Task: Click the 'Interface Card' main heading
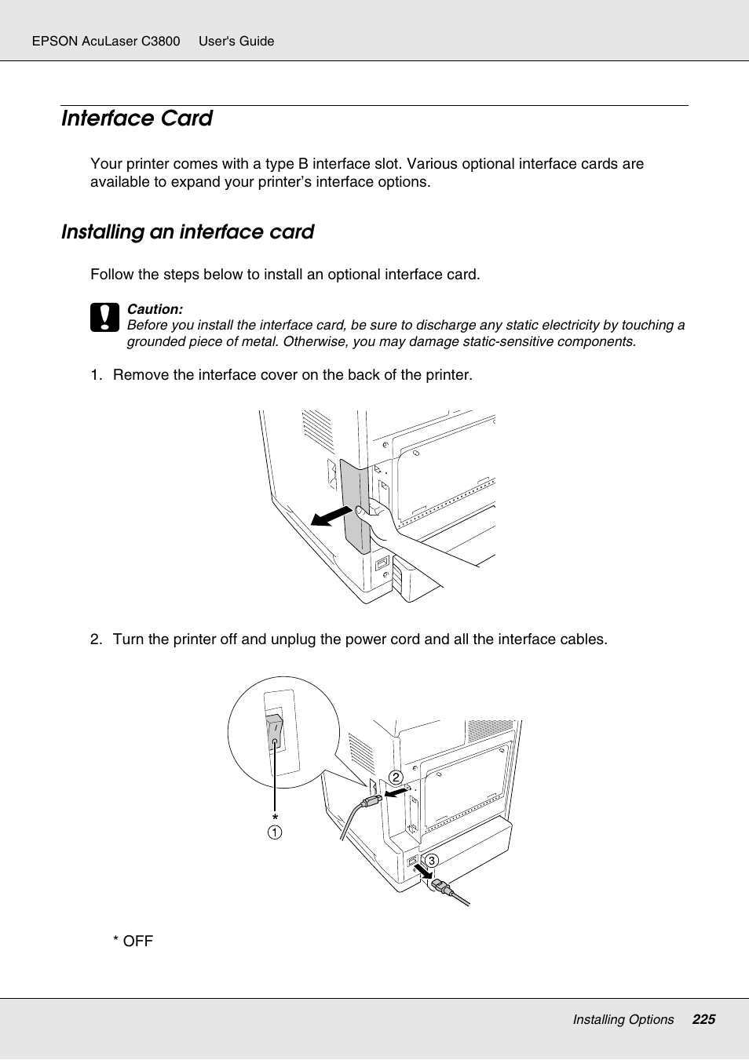tap(137, 118)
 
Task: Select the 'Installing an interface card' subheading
tap(188, 232)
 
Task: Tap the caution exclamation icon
tap(104, 318)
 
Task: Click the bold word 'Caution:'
tap(155, 309)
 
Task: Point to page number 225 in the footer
tap(703, 1019)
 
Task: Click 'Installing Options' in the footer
tap(623, 1019)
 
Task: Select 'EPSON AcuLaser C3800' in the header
tap(106, 41)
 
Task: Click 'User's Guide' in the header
tap(236, 41)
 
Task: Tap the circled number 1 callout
tap(275, 832)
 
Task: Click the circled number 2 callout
tap(396, 778)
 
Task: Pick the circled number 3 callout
tap(431, 861)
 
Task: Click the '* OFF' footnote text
tap(133, 941)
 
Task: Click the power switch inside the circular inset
tap(274, 732)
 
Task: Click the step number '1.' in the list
tap(96, 375)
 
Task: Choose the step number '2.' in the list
tap(96, 639)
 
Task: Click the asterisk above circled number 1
tap(275, 818)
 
